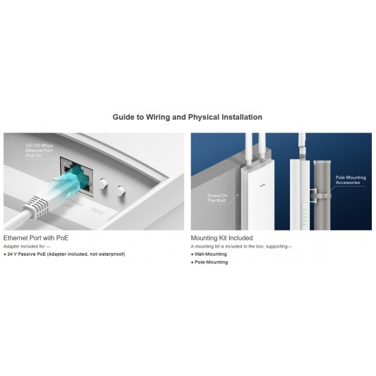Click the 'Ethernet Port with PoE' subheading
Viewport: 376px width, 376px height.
pyautogui.click(x=36, y=238)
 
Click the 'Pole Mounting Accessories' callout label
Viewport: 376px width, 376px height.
pyautogui.click(x=351, y=180)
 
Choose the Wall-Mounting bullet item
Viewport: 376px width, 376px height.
pyautogui.click(x=211, y=254)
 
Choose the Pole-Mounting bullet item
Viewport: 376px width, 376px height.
pyautogui.click(x=211, y=263)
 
